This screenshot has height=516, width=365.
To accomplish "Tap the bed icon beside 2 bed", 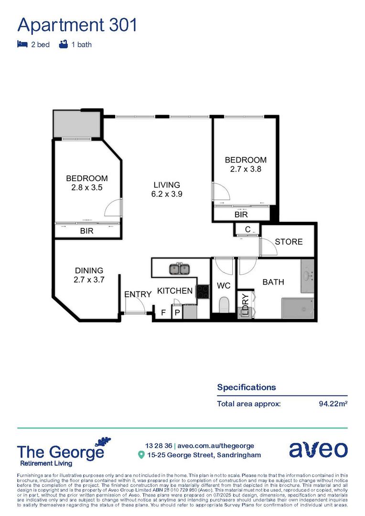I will pos(21,44).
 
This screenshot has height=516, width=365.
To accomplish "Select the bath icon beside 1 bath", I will pos(63,44).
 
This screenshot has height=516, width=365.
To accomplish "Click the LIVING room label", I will pos(167,185).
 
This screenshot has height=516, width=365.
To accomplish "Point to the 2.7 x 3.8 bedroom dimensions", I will pos(246,169).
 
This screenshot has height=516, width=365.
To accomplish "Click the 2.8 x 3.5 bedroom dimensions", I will pos(86,187).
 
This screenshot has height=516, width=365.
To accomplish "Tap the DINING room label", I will pos(88,270).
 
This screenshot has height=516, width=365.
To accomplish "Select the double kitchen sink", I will pos(180,269).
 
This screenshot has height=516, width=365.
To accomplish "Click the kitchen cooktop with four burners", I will pos(203,291).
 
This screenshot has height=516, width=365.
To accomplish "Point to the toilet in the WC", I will pos(224,304).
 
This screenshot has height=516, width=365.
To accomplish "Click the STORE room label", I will pos(289,242).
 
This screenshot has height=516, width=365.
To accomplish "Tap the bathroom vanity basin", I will pos(307,276).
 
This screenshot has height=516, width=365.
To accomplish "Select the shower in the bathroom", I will pos(298,308).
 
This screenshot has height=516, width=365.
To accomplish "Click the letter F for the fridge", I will pos(163,313).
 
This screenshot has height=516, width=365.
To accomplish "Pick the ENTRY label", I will pos(138,294).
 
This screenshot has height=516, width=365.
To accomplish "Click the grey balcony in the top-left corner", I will pos(76,124).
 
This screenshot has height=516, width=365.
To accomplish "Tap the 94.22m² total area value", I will pos(333,404).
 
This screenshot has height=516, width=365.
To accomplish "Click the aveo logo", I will pos(318,450).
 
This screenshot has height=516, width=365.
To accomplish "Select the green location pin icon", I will pos(141,455).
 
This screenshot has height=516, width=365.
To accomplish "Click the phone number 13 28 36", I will pos(159,445).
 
